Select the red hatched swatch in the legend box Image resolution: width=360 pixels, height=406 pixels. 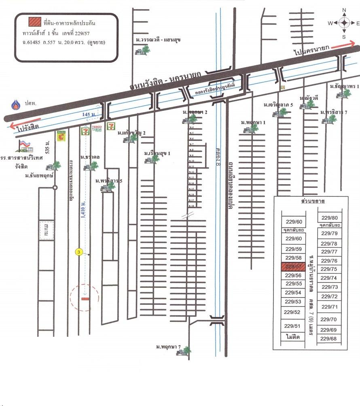tap(34, 21)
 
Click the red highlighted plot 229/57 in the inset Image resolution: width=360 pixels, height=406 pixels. tap(293, 267)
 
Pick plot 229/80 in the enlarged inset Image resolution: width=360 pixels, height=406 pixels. tap(329, 217)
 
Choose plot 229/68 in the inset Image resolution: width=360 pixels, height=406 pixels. tap(329, 338)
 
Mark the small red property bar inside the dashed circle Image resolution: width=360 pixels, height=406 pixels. tap(85, 299)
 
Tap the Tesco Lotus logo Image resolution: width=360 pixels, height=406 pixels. tap(96, 129)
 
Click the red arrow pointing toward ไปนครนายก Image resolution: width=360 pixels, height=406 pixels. tap(343, 44)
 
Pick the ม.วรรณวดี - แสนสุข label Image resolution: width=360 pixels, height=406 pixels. tap(158, 40)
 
